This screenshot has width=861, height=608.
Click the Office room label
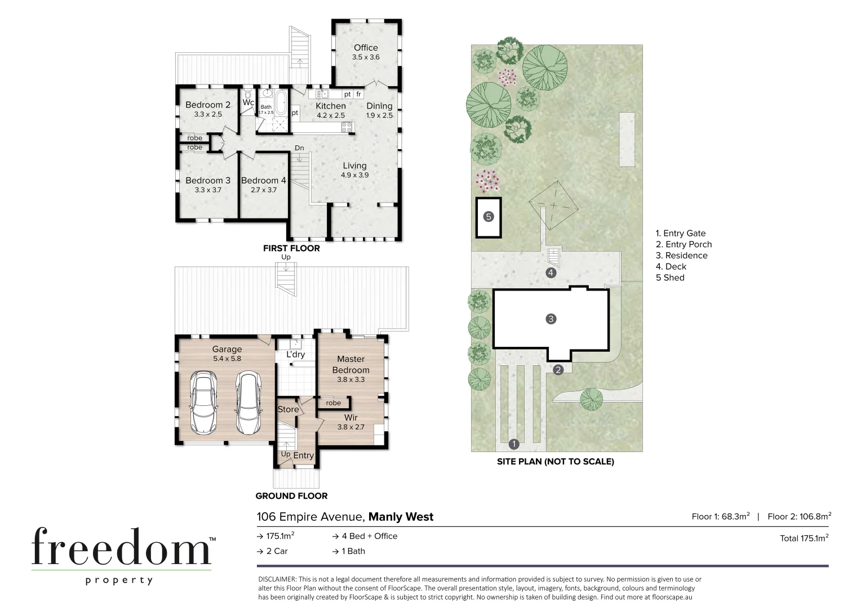coord(366,48)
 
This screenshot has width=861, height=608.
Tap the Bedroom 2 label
coord(207,105)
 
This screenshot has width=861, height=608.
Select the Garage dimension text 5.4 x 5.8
coord(227,359)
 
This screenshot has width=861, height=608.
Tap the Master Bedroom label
coord(350,364)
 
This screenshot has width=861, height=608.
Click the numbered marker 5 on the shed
coord(489,216)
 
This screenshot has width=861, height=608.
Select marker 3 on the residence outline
coord(551,319)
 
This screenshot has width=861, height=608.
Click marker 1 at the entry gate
coord(513,444)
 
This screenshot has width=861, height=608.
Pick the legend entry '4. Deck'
coord(671,266)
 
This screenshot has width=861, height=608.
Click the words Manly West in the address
coord(401,517)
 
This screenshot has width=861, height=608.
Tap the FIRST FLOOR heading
coord(291,248)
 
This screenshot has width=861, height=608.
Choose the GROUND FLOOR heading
coord(291,496)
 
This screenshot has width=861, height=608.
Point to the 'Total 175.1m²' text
coord(804,538)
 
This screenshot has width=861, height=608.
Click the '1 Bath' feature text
coord(353,551)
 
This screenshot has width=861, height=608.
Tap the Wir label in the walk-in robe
coord(350,418)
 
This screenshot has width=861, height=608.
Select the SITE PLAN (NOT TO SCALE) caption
coord(555,462)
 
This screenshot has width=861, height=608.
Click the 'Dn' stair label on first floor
coord(299,148)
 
